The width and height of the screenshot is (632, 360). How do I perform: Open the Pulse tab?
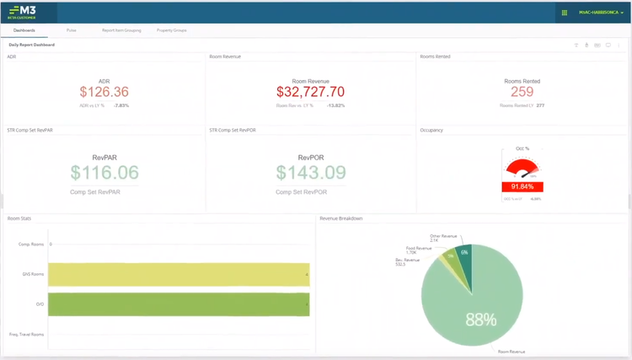(72, 30)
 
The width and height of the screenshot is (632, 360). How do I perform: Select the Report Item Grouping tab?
(121, 30)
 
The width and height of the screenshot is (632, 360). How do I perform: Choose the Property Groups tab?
(172, 30)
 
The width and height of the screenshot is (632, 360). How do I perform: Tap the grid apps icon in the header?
(564, 13)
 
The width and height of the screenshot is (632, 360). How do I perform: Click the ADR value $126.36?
(104, 92)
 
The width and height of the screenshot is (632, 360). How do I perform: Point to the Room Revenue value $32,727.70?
(311, 92)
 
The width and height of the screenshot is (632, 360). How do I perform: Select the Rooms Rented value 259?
(522, 92)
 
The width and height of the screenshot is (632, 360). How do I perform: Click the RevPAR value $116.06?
(104, 173)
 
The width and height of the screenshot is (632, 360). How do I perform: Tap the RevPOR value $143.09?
(311, 173)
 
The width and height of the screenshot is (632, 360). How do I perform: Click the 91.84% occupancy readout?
(522, 187)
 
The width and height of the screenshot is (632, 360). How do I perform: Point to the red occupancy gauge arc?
(522, 166)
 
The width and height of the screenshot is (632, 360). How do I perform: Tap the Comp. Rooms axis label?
(31, 244)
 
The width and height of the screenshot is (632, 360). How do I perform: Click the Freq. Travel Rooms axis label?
(26, 335)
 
